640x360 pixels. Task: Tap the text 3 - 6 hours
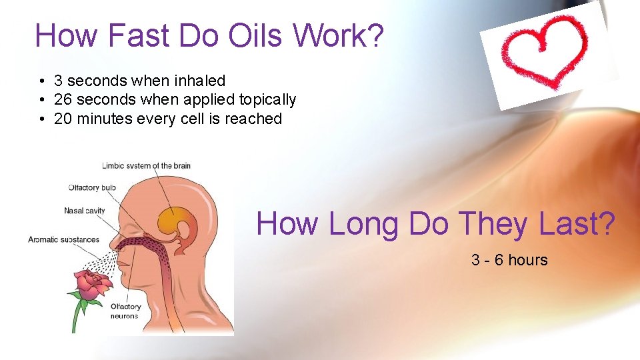pos(509,260)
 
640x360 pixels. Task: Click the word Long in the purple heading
pos(363,223)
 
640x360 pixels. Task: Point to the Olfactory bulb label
pos(92,187)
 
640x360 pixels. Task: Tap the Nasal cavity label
pos(85,211)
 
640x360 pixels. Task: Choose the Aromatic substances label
pos(63,239)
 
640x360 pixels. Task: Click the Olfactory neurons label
pos(125,311)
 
